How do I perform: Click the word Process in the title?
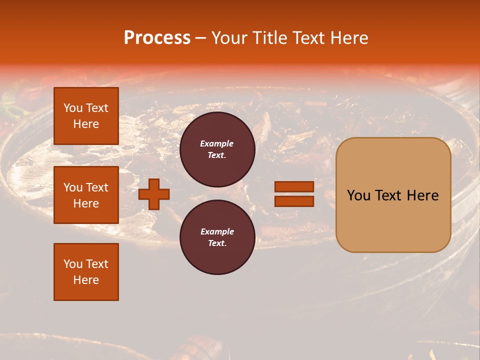point(157,38)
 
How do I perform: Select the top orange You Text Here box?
point(86,116)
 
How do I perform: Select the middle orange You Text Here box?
point(86,195)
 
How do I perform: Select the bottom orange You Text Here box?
point(86,272)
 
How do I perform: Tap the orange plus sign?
point(154,194)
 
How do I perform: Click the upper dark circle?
point(217,149)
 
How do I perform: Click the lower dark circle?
point(217,237)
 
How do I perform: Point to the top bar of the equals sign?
point(294,187)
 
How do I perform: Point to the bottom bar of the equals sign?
point(294,201)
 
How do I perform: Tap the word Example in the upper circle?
point(217,143)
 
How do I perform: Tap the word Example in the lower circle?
point(217,231)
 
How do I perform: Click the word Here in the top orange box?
point(86,124)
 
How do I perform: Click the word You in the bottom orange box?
point(72,264)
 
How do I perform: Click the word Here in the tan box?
point(422,195)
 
